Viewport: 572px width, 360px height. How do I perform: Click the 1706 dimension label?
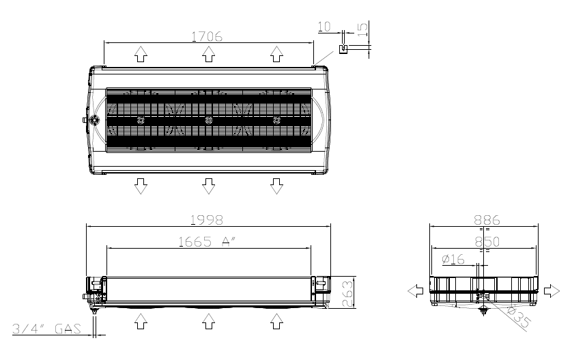click(207, 36)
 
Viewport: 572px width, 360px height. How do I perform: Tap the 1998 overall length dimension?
click(207, 220)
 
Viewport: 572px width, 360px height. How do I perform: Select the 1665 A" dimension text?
click(207, 242)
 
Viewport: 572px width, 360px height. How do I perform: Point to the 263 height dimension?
click(348, 293)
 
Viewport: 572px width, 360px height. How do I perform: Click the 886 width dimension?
click(487, 220)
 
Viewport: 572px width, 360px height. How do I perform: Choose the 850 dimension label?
click(487, 242)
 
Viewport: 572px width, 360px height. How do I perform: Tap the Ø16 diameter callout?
click(453, 259)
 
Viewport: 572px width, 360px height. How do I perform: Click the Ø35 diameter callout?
click(518, 316)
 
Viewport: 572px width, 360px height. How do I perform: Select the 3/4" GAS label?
click(46, 329)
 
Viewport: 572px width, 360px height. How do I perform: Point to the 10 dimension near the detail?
click(324, 27)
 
